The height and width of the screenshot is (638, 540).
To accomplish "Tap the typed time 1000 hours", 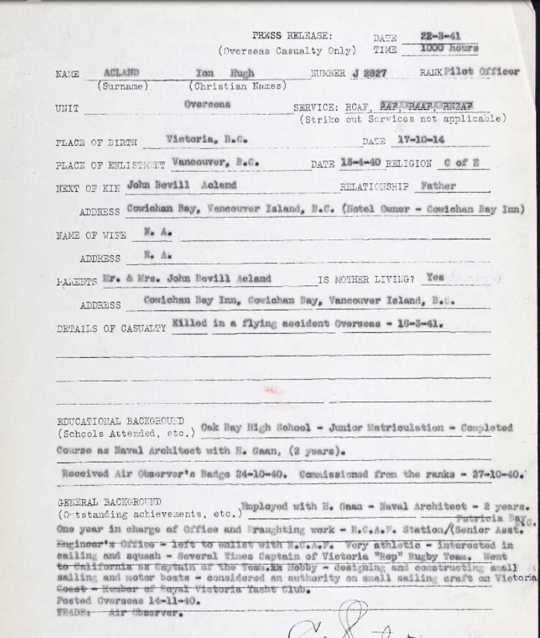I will point(448,49).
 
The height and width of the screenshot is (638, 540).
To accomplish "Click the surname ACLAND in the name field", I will point(123,72).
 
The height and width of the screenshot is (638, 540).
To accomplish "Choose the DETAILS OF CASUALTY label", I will point(111,328).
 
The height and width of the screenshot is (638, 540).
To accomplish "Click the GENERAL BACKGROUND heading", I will point(109,502).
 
